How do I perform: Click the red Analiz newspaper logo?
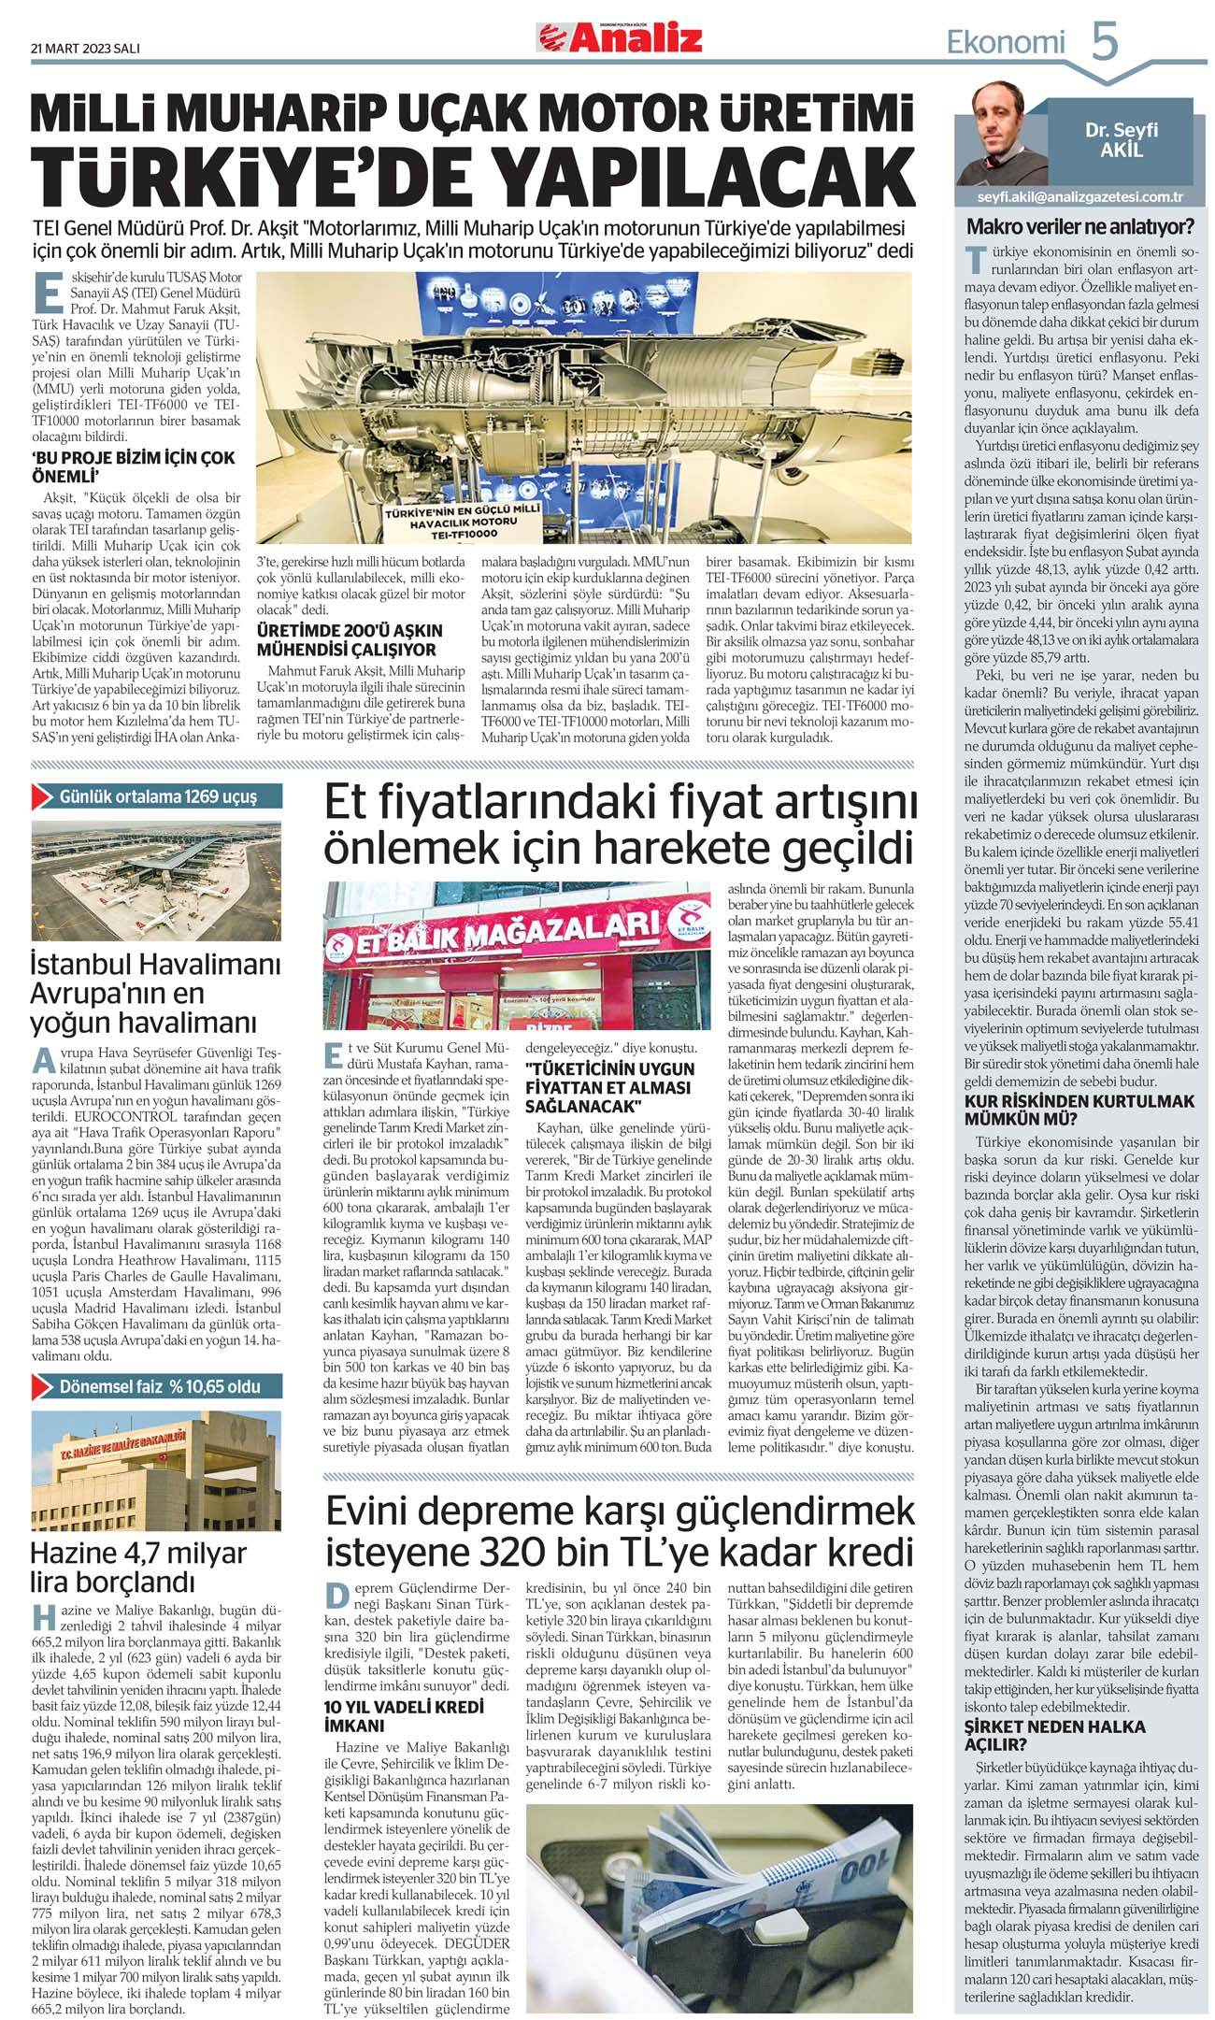(619, 37)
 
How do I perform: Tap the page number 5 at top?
(1105, 41)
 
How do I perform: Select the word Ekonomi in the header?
(1006, 42)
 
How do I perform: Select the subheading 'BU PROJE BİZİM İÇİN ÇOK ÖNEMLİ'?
(133, 466)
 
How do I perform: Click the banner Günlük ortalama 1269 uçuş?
(157, 796)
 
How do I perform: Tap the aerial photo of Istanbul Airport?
(155, 880)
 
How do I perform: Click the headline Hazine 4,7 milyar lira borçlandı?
(138, 1567)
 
